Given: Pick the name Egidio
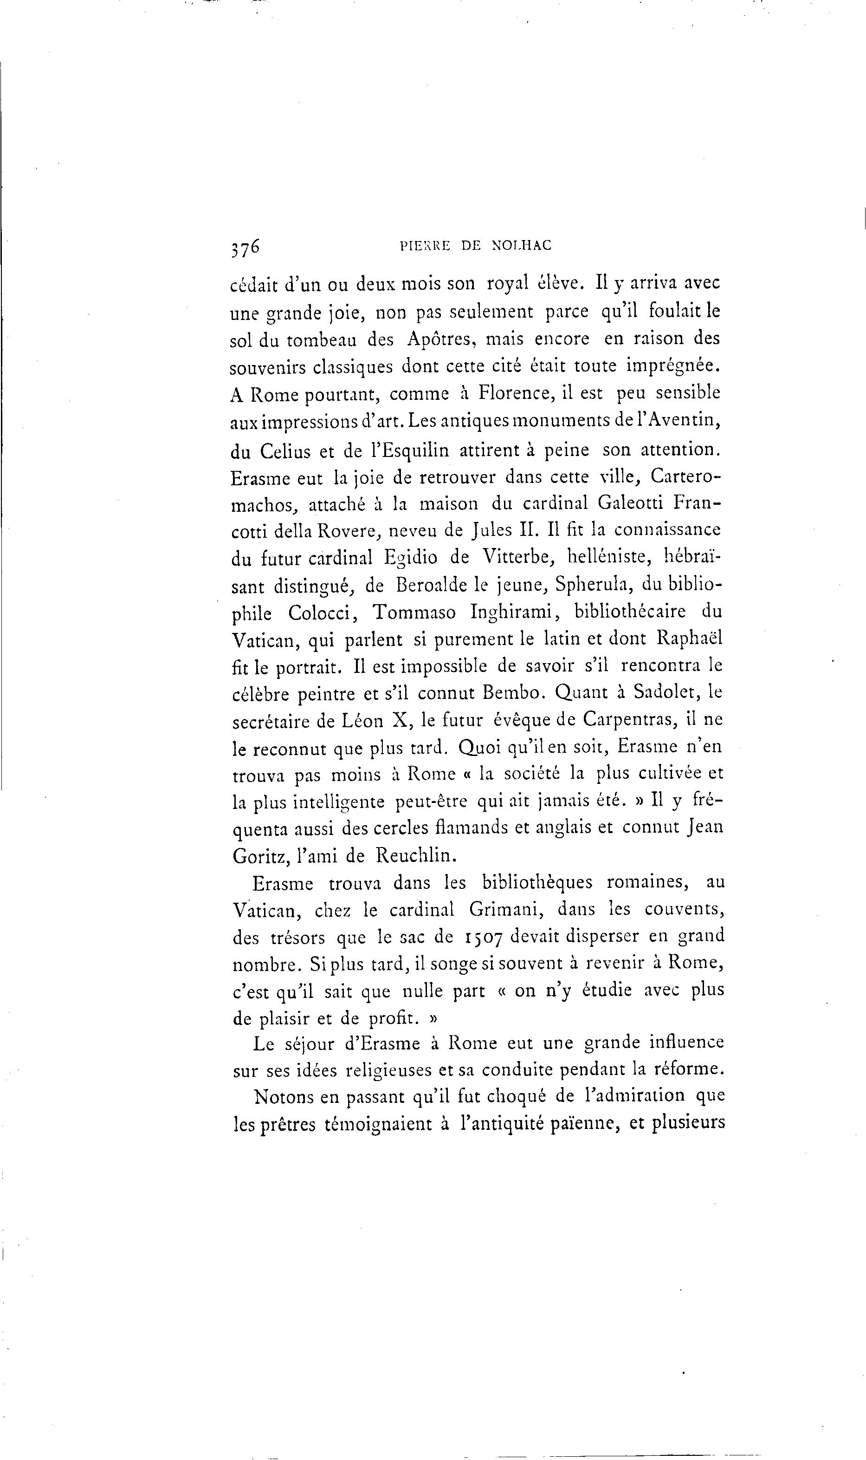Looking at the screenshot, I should click(x=410, y=558).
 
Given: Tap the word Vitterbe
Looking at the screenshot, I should click(x=518, y=558).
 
